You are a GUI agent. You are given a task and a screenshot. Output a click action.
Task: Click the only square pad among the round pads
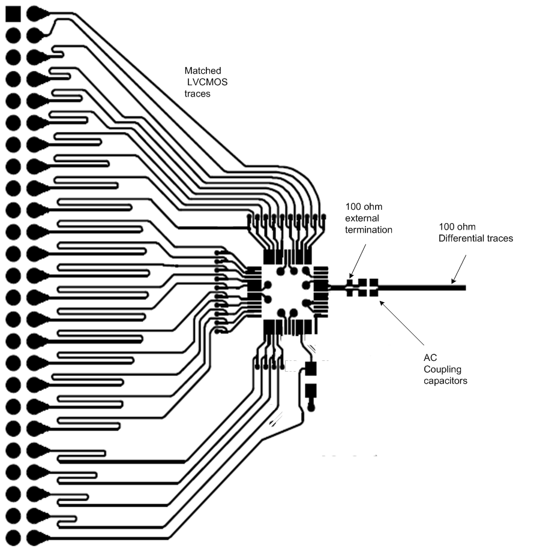pyautogui.click(x=13, y=13)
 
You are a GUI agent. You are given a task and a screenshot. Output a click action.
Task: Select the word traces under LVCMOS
pyautogui.click(x=198, y=94)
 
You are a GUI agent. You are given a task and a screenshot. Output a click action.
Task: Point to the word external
pyautogui.click(x=362, y=218)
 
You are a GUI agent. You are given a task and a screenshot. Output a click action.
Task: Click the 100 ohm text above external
pyautogui.click(x=362, y=206)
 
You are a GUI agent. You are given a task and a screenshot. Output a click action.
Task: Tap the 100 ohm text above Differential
pyautogui.click(x=457, y=227)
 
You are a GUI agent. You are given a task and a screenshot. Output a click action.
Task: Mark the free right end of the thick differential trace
pyautogui.click(x=464, y=288)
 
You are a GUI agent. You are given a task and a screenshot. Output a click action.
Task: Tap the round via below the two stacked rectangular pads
pyautogui.click(x=311, y=408)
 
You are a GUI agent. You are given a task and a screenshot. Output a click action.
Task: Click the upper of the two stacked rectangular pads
pyautogui.click(x=310, y=368)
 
